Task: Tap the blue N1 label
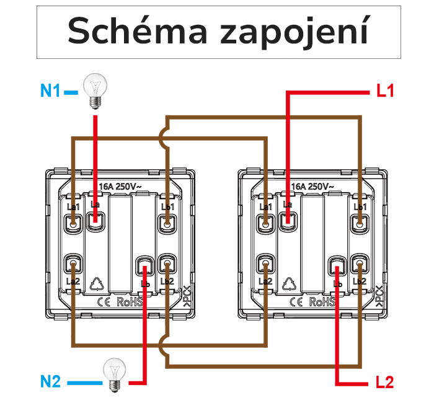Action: click(51, 91)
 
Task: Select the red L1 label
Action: click(385, 92)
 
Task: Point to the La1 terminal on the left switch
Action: click(74, 220)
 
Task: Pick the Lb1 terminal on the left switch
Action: click(166, 220)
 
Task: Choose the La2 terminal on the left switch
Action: click(74, 266)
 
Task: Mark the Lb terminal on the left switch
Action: click(145, 268)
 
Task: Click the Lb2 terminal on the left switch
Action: click(166, 266)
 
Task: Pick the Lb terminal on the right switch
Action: click(337, 268)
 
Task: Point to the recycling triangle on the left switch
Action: click(98, 283)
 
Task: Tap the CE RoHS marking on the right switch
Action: click(313, 302)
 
